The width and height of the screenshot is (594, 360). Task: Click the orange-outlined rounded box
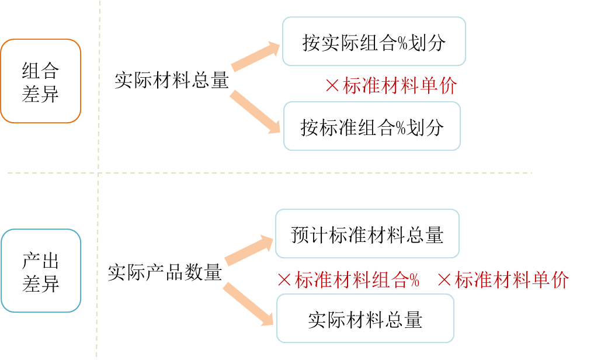pyautogui.click(x=40, y=81)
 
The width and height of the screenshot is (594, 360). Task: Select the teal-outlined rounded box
pyautogui.click(x=41, y=271)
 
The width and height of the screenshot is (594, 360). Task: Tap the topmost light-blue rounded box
pyautogui.click(x=374, y=41)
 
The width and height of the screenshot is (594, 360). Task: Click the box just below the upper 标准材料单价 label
pyautogui.click(x=372, y=126)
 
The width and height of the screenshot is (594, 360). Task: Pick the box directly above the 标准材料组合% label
pyautogui.click(x=367, y=233)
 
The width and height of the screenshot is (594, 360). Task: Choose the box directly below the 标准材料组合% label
pyautogui.click(x=365, y=318)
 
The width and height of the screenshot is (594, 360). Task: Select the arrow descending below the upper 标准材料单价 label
pyautogui.click(x=255, y=112)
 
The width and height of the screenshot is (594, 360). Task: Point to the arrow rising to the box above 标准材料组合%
pyautogui.click(x=249, y=250)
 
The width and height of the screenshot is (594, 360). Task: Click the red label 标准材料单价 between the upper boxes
pyautogui.click(x=400, y=86)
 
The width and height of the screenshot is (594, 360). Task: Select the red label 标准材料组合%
pyautogui.click(x=357, y=280)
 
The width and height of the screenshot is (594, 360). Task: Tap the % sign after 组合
pyautogui.click(x=414, y=281)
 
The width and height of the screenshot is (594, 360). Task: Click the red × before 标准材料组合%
pyautogui.click(x=284, y=280)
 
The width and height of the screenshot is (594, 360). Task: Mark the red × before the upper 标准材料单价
pyautogui.click(x=332, y=86)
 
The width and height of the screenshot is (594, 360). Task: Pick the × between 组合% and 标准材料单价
pyautogui.click(x=444, y=280)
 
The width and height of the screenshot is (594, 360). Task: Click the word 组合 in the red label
pyautogui.click(x=390, y=280)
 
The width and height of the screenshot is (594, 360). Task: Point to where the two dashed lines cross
pyautogui.click(x=98, y=173)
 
